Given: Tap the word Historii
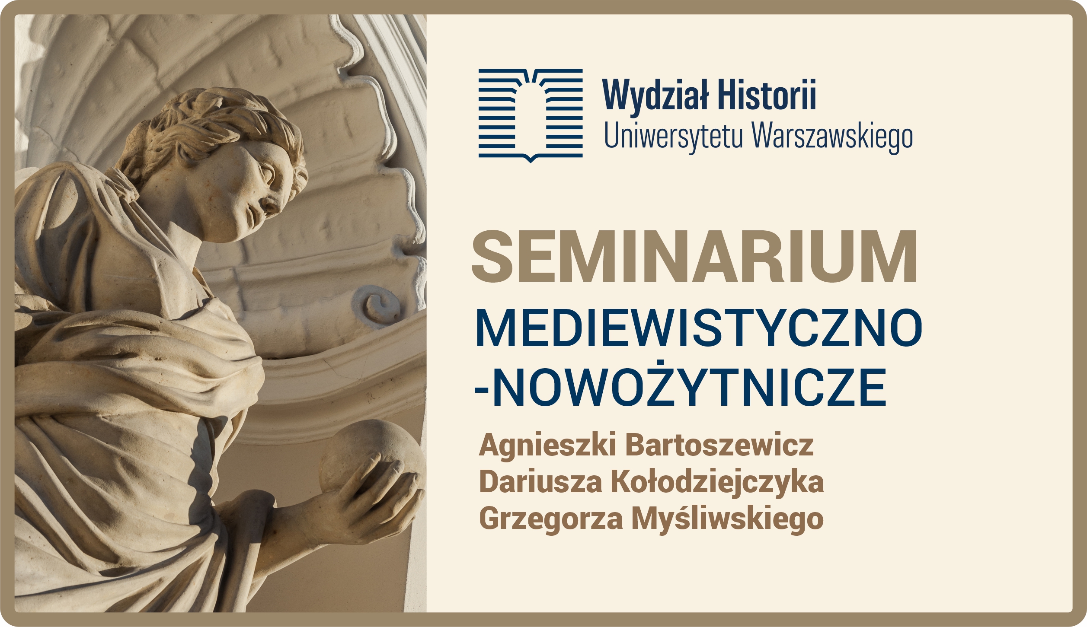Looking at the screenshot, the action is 767,94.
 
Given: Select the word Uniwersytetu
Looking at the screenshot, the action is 674,137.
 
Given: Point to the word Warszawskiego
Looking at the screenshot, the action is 832,137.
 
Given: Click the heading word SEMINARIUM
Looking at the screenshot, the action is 694,257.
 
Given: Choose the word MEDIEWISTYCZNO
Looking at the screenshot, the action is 699,328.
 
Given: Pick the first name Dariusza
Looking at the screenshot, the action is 540,481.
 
